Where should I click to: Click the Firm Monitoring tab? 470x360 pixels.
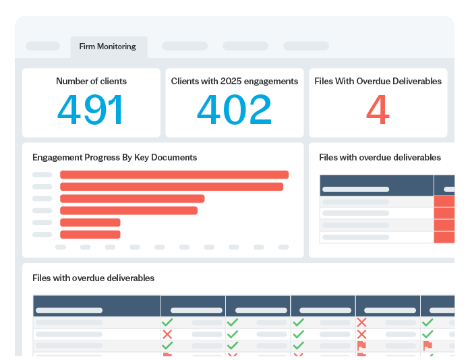tap(108, 47)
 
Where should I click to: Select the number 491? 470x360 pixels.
tap(91, 110)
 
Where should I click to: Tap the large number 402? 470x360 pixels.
tap(234, 110)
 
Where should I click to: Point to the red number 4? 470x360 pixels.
tap(378, 110)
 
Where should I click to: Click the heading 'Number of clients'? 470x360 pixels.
tap(91, 81)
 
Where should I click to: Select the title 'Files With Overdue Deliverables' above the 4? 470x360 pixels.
tap(378, 81)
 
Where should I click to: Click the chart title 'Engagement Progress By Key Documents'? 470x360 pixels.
tap(115, 157)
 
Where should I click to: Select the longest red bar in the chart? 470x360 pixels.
tap(174, 175)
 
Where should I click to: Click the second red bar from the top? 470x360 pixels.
tap(171, 187)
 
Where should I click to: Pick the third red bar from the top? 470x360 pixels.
tap(132, 199)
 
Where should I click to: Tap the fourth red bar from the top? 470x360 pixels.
tap(129, 210)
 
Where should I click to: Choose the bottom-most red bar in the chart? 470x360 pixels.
tap(90, 235)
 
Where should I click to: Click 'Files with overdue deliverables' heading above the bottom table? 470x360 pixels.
tap(93, 278)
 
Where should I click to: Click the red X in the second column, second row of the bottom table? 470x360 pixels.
tap(167, 334)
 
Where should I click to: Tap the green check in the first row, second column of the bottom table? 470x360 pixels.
tap(167, 322)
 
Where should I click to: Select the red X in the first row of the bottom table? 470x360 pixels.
tap(361, 322)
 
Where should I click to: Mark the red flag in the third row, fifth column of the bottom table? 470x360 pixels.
tap(361, 345)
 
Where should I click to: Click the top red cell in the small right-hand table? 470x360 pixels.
tap(444, 202)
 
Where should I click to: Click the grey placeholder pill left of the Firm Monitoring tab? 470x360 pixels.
tap(42, 46)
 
